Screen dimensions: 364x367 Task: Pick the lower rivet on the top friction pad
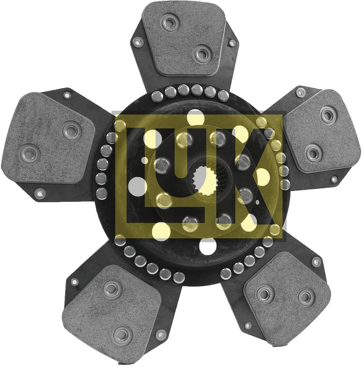pyautogui.click(x=202, y=54)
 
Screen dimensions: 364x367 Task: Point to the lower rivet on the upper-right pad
pyautogui.click(x=314, y=153)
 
